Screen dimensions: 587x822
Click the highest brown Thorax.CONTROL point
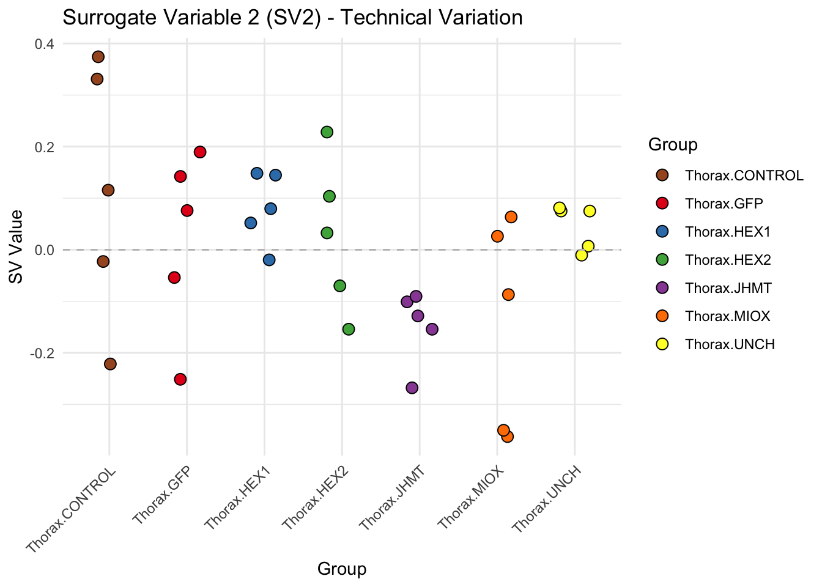tap(98, 57)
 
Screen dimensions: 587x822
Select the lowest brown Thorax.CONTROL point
tap(110, 364)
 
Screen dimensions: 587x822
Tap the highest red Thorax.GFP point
tap(200, 152)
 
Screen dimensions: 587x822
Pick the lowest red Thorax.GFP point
tap(180, 379)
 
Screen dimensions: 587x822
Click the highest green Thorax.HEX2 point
tap(327, 132)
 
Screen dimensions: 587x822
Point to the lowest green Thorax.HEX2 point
tap(349, 330)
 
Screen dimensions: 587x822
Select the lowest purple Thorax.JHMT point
tap(412, 388)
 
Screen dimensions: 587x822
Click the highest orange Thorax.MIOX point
tap(511, 217)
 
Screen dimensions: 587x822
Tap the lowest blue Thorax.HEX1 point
tap(269, 260)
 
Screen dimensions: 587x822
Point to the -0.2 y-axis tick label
tap(43, 353)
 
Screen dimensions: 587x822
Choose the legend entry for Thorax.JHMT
tap(728, 288)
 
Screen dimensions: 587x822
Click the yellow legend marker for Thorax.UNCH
tap(662, 344)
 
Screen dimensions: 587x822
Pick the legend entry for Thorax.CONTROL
tap(744, 175)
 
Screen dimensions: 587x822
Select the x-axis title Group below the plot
tap(342, 569)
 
